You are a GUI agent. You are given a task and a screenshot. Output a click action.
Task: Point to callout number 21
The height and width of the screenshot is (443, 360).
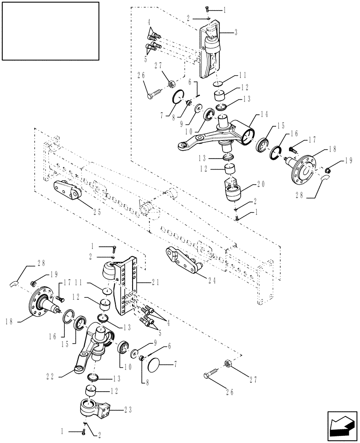click(152, 282)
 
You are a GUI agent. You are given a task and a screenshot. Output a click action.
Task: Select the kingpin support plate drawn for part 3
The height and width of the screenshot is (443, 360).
click(211, 51)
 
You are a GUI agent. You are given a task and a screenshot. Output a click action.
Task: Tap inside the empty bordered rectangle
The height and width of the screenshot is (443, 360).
click(50, 31)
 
